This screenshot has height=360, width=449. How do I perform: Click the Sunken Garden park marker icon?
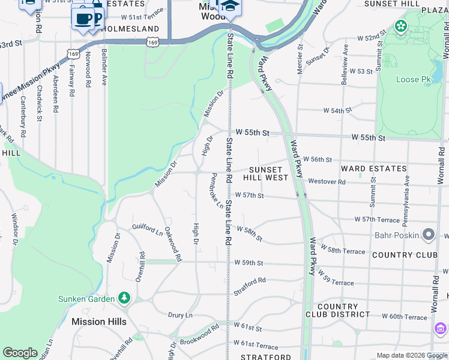tap(124, 298)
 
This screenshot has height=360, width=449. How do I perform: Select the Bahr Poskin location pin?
tap(429, 235)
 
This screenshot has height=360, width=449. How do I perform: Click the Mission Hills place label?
tap(99, 322)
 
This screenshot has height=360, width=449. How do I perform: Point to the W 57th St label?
tap(250, 196)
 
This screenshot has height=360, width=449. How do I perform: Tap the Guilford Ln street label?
tap(148, 229)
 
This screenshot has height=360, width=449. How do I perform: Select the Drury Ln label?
tap(180, 315)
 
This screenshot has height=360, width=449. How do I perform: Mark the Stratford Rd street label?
tap(250, 286)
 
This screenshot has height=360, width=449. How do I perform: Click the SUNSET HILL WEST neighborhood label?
tap(265, 174)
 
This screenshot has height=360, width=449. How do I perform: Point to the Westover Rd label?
tap(327, 182)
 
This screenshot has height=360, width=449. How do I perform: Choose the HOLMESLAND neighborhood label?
tap(130, 29)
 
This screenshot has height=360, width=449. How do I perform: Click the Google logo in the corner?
tap(20, 353)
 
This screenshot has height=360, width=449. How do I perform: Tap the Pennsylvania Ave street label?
tap(406, 192)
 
